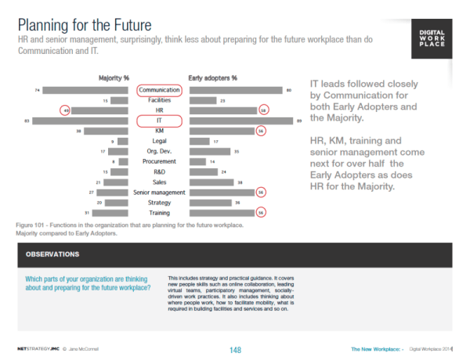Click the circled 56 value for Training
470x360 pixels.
point(262,212)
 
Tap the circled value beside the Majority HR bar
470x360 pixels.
point(67,111)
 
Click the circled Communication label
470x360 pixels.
point(159,91)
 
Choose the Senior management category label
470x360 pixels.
point(159,192)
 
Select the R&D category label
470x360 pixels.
point(159,171)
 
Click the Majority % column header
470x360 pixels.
point(114,78)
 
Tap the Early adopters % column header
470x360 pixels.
point(213,78)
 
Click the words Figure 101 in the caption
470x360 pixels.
point(31,225)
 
